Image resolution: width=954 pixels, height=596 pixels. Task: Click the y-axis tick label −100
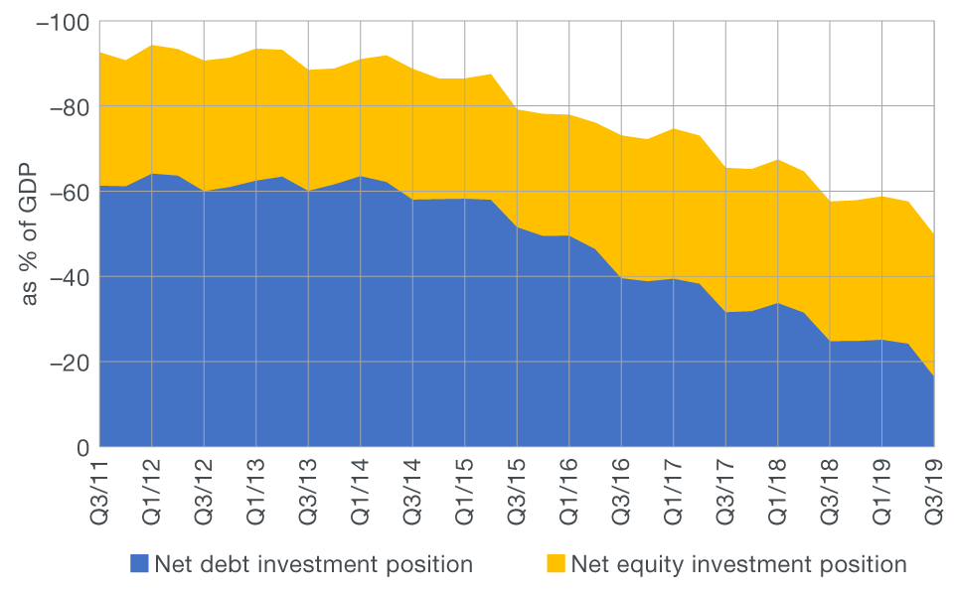(x=62, y=22)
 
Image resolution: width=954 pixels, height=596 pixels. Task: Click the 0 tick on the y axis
(x=83, y=447)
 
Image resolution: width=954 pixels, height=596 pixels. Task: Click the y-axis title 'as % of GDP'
(x=29, y=235)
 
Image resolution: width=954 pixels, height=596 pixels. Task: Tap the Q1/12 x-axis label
(x=152, y=492)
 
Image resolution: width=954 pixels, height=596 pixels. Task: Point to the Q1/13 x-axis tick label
(x=256, y=492)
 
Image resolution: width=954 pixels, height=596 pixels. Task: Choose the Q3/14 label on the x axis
(x=412, y=492)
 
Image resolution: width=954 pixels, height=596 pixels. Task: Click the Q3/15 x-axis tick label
(x=517, y=492)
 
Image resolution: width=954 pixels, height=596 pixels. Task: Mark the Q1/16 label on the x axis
(x=568, y=492)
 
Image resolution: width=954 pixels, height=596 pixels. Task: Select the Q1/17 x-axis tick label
(x=673, y=492)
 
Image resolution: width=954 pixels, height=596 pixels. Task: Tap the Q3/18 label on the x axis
(x=829, y=492)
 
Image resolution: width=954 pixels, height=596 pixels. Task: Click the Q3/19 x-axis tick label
(x=933, y=492)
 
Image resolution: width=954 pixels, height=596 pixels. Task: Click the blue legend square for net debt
(x=139, y=564)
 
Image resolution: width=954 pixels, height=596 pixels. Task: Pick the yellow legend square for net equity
(x=555, y=564)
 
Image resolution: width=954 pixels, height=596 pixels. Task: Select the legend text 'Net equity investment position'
(x=738, y=564)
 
